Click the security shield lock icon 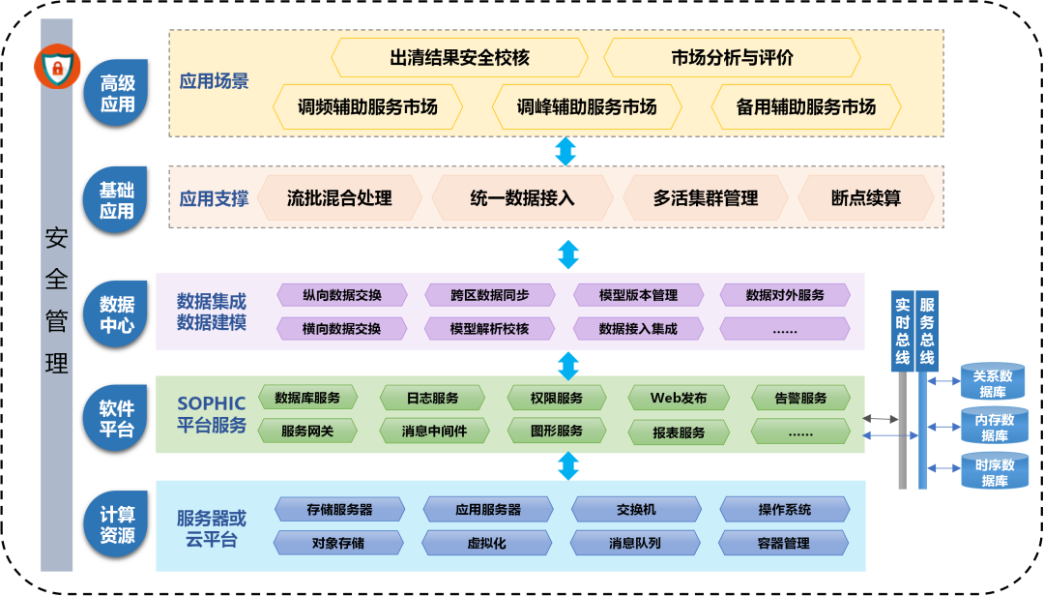pyautogui.click(x=57, y=68)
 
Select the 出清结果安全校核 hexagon pyautogui.click(x=460, y=58)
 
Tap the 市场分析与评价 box pyautogui.click(x=732, y=58)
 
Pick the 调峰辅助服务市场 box pyautogui.click(x=587, y=106)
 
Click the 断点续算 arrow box pyautogui.click(x=865, y=198)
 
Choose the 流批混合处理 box pyautogui.click(x=339, y=198)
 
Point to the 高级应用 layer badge pyautogui.click(x=117, y=94)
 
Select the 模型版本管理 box pyautogui.click(x=638, y=295)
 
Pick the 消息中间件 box pyautogui.click(x=434, y=431)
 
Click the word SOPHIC pyautogui.click(x=212, y=403)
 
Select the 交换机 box pyautogui.click(x=636, y=509)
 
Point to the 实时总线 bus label pyautogui.click(x=902, y=329)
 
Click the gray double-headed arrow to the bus pyautogui.click(x=880, y=419)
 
